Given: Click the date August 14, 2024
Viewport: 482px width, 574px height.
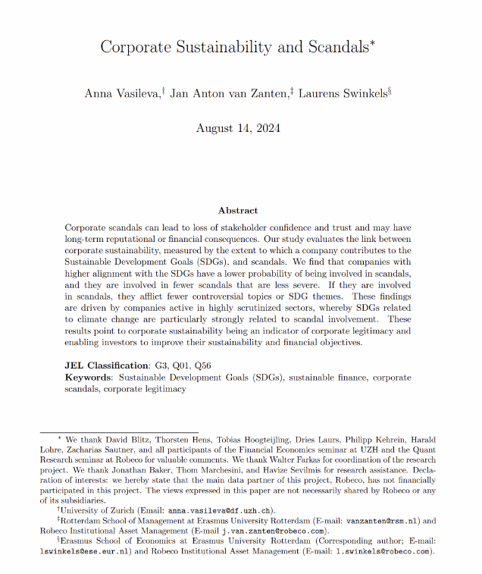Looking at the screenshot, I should click(x=238, y=127).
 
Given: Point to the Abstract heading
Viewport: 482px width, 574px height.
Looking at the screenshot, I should click(x=238, y=210).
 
